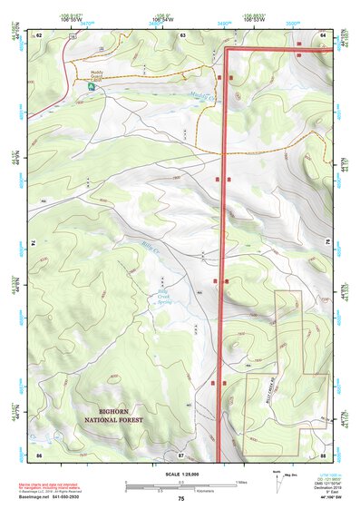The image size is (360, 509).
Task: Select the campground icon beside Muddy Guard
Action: click(x=92, y=88)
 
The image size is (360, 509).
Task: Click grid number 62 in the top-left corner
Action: click(x=39, y=34)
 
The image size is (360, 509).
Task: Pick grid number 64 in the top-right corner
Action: click(x=323, y=34)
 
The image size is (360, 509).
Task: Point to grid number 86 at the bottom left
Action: click(x=39, y=453)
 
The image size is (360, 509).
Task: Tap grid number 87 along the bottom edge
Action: click(x=181, y=453)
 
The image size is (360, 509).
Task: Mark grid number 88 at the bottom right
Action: click(x=323, y=453)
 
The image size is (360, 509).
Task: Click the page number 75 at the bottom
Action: click(x=180, y=499)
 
